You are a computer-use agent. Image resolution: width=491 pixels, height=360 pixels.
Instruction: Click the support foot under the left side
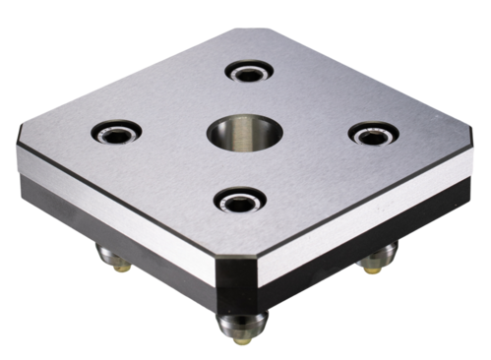pyautogui.click(x=112, y=259)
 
